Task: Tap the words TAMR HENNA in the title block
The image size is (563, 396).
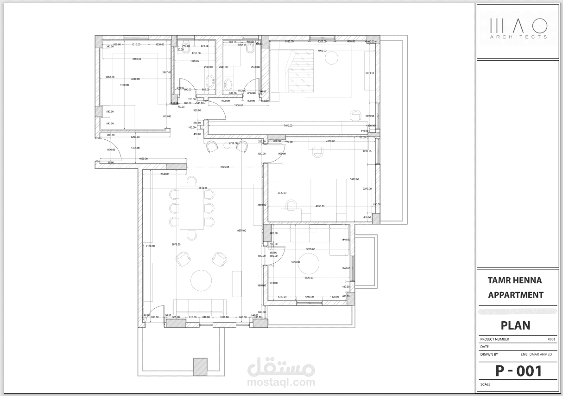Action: click(514, 280)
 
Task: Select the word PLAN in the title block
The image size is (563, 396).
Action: click(516, 325)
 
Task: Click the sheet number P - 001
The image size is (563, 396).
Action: click(518, 371)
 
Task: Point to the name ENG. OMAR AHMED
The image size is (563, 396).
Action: click(536, 354)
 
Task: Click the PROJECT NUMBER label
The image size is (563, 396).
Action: click(494, 339)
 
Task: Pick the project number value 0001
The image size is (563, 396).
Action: click(551, 339)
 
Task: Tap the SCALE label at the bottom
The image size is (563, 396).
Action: click(485, 384)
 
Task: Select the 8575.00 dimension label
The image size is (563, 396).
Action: click(241, 230)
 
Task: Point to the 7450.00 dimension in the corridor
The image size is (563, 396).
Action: click(288, 125)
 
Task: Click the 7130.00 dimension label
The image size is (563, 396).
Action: click(150, 246)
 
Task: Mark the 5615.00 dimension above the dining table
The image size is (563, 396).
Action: click(202, 188)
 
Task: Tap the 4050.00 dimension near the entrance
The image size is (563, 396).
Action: click(143, 159)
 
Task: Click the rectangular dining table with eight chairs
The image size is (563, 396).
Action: click(191, 208)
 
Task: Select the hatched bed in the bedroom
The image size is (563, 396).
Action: click(300, 72)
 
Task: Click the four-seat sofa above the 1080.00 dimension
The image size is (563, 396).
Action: click(200, 306)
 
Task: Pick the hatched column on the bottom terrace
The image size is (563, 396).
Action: click(200, 367)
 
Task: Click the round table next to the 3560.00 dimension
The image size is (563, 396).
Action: click(309, 264)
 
